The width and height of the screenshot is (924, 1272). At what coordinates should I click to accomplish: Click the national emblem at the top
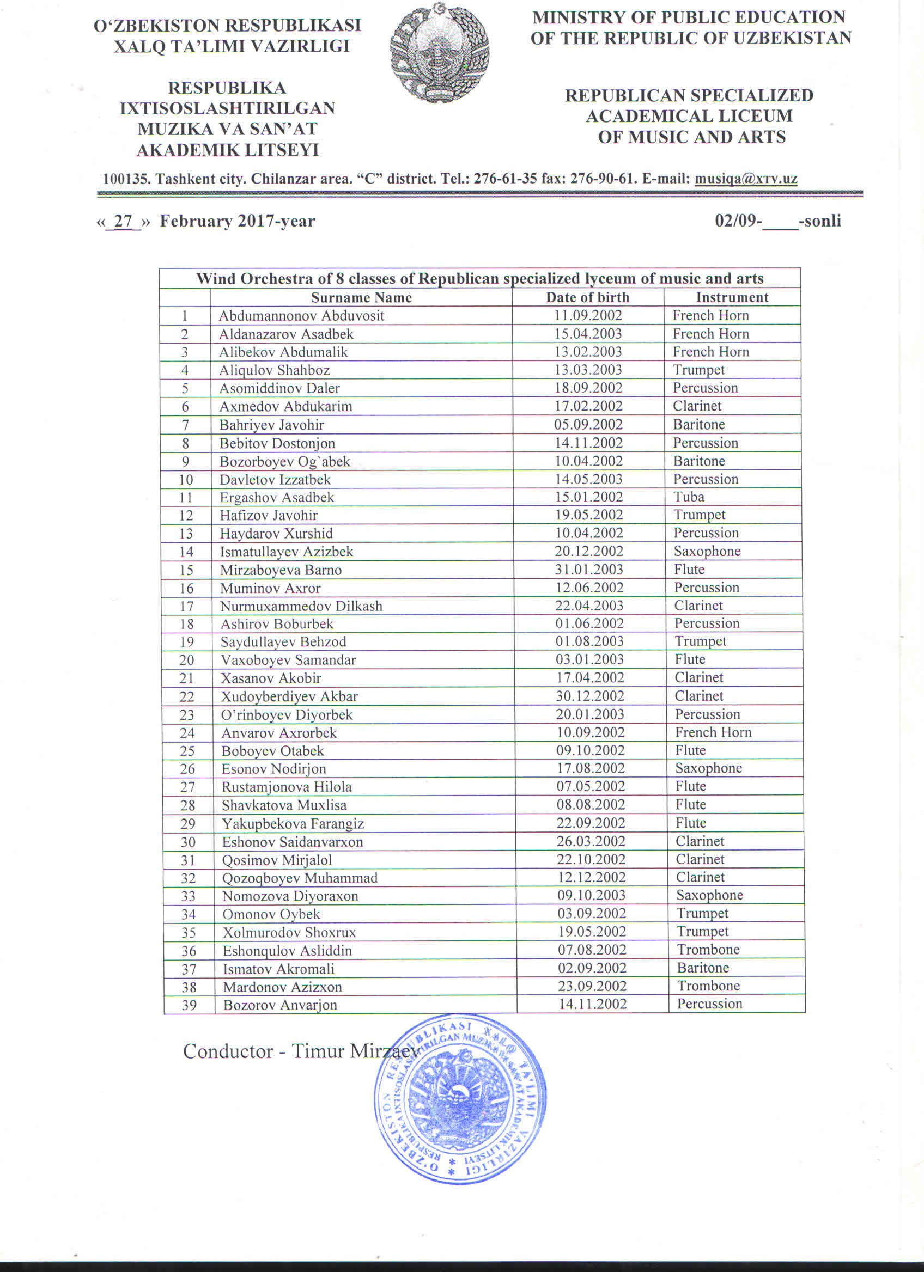(439, 53)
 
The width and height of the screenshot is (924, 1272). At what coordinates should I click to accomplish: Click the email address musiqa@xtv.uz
(746, 179)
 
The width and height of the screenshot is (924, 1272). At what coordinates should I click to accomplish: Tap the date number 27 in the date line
(123, 221)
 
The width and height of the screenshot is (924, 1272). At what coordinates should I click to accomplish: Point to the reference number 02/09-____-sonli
(777, 221)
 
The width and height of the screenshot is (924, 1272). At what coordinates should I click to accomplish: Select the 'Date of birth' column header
(587, 297)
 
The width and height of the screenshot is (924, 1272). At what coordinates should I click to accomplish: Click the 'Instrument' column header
(732, 297)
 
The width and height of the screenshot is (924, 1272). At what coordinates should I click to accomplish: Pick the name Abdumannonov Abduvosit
(301, 316)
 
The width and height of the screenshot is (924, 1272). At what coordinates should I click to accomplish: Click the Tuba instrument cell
(689, 497)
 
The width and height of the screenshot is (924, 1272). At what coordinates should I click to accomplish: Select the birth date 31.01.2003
(589, 569)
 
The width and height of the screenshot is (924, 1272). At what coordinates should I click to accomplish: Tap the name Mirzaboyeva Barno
(281, 570)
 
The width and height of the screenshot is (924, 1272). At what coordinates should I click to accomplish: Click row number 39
(189, 1005)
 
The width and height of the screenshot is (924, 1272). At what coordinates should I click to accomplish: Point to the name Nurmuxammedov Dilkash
(301, 606)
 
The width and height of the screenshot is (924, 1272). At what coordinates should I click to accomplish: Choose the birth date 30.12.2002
(590, 696)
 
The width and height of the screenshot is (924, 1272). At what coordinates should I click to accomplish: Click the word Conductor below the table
(227, 1051)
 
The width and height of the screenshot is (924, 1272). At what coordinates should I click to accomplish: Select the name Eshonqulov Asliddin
(287, 951)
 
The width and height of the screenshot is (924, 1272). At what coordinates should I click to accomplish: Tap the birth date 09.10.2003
(591, 895)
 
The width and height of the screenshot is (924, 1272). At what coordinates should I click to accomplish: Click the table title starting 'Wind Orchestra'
(479, 279)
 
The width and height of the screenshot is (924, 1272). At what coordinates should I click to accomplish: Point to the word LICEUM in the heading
(753, 116)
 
